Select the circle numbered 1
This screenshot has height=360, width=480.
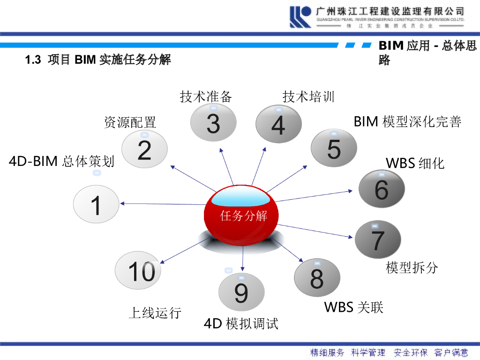96,205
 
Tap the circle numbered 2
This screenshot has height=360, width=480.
144,150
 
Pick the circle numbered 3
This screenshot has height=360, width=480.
213,123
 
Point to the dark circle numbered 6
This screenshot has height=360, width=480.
382,189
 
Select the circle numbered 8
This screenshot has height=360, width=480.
317,277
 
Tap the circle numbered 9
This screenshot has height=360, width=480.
241,292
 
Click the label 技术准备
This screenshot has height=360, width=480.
206,97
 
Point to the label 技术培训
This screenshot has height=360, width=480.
308,97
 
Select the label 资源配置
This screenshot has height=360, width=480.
130,123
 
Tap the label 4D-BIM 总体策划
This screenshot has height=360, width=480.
61,162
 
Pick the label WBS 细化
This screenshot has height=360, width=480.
415,163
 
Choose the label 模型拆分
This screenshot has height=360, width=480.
412,268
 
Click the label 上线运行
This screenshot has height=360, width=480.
155,313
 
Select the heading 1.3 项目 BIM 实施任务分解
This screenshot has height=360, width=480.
98,60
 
